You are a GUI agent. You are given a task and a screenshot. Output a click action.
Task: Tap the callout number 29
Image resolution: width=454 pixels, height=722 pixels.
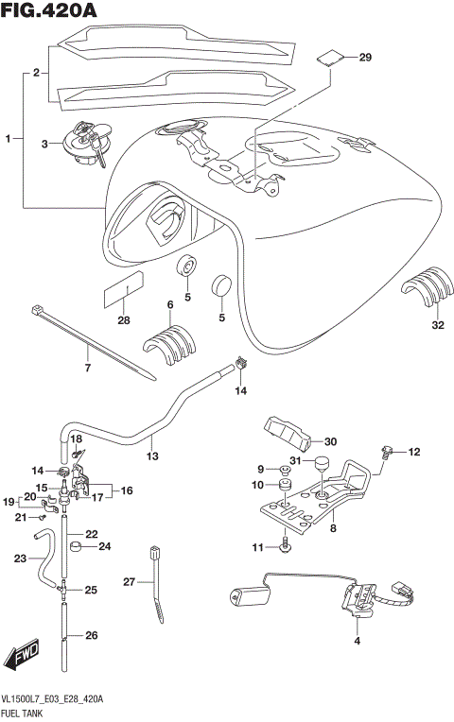click(366, 59)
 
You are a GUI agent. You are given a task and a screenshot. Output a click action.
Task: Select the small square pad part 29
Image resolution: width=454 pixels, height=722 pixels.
click(327, 56)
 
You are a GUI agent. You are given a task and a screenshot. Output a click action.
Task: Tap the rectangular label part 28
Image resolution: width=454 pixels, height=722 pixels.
click(123, 289)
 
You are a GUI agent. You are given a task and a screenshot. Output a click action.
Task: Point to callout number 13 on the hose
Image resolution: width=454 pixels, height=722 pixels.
click(151, 455)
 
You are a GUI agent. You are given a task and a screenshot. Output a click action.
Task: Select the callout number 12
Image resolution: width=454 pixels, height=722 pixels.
click(412, 453)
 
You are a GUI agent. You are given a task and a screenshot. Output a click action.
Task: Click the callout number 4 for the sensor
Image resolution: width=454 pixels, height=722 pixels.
click(357, 643)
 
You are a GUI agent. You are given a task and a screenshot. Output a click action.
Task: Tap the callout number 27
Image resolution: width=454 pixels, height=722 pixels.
click(129, 582)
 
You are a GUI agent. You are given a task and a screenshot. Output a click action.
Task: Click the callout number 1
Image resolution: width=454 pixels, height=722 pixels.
click(8, 139)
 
